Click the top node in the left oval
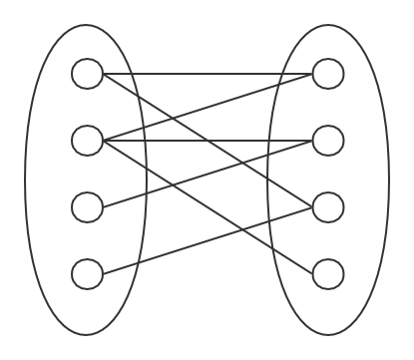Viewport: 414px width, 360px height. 88,74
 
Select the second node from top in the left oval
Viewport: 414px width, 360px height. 88,141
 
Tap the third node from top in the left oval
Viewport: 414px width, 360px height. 88,207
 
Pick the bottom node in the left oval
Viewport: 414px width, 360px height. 88,273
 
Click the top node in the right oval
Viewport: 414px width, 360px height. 328,74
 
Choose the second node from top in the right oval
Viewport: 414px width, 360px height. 328,141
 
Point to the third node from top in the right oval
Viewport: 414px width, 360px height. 328,207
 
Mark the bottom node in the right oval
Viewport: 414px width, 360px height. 328,273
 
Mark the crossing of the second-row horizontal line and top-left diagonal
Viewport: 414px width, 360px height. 207,141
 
